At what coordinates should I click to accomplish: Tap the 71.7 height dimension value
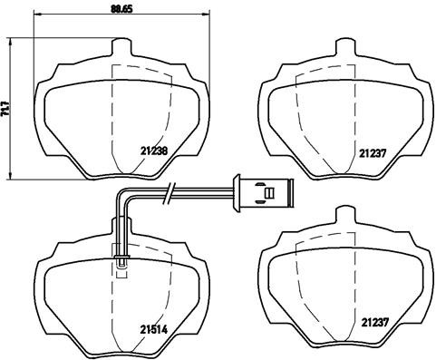(7, 106)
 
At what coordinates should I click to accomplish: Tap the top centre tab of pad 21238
(121, 47)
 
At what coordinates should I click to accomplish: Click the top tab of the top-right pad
(343, 47)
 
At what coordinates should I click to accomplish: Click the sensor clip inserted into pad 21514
(121, 256)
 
